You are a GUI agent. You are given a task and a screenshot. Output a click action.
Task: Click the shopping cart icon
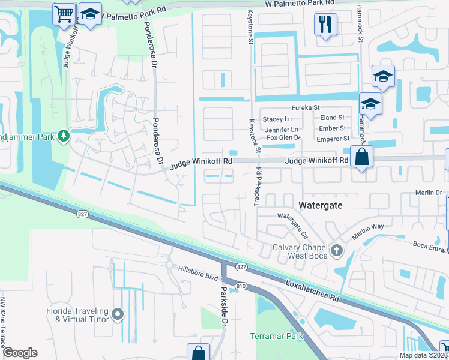(x=64, y=13)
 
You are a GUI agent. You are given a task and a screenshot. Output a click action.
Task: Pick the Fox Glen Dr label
(x=283, y=138)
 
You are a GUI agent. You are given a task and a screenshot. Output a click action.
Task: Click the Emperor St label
(x=333, y=139)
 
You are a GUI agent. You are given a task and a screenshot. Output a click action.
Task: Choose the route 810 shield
(x=241, y=287)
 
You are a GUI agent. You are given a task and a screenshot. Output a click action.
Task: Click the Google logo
(x=20, y=353)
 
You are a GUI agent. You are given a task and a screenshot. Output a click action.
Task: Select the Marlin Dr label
(x=429, y=193)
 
